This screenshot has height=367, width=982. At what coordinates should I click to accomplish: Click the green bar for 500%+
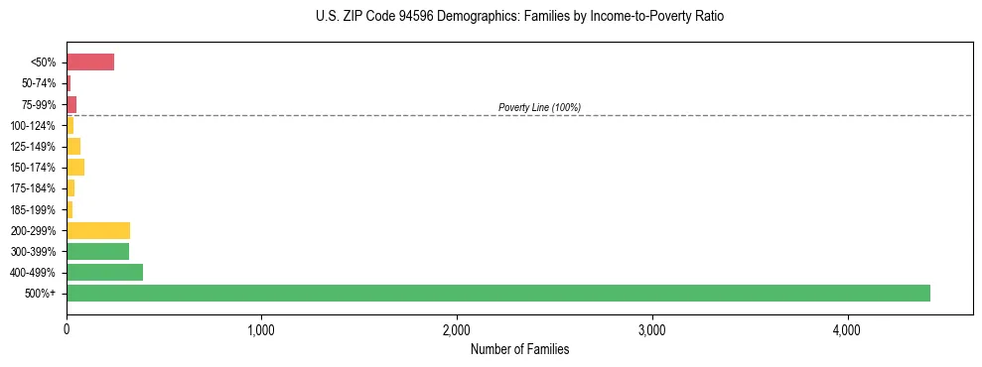pos(497,293)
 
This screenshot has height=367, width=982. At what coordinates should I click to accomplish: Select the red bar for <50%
pos(90,62)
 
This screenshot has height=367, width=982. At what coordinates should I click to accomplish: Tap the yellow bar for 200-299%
pos(98,230)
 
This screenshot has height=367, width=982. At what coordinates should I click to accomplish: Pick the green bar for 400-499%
pos(104,272)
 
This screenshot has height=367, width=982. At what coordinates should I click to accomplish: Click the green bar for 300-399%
pos(97,251)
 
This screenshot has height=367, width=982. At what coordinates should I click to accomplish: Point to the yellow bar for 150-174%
pos(75,167)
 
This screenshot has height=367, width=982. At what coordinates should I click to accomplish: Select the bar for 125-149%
pos(73,146)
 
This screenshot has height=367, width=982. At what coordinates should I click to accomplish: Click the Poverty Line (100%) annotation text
pos(539,107)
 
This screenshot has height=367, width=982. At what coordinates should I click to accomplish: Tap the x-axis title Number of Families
pos(519,349)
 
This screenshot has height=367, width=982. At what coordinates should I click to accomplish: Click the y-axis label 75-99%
pos(40,104)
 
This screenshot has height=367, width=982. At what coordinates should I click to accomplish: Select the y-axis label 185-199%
pos(35,209)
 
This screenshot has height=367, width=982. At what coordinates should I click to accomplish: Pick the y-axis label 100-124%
pos(35,125)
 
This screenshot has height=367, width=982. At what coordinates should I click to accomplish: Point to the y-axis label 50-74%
pos(40,83)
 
